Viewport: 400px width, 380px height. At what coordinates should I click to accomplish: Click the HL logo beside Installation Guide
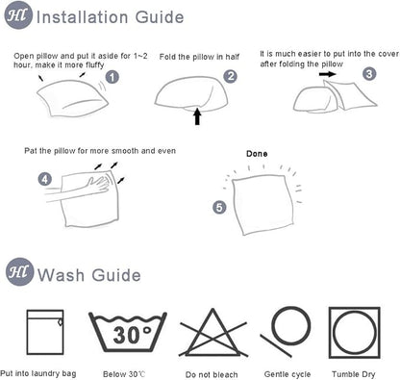pos(18,15)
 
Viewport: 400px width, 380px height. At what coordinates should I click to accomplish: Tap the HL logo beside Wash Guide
pos(20,272)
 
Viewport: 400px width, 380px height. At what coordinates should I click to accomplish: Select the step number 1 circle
pos(112,77)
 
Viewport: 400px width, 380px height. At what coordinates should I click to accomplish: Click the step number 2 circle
pos(231,76)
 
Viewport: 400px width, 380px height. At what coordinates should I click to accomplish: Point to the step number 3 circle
pos(369,74)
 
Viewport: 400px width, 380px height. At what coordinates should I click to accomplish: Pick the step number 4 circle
pos(45,179)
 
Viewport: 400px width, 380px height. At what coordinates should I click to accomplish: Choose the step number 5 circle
pos(219,207)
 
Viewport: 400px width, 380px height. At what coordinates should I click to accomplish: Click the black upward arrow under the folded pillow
pos(197,116)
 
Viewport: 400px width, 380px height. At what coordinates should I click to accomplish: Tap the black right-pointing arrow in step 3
pos(328,74)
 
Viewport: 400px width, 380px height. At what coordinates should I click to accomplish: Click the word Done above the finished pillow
pos(257,154)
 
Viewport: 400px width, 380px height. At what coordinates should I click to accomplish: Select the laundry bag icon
pos(45,332)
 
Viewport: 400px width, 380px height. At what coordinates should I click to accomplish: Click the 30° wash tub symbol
pos(128,332)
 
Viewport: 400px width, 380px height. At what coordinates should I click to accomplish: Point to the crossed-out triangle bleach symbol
pos(212,333)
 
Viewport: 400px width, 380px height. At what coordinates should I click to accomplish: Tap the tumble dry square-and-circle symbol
pos(355,332)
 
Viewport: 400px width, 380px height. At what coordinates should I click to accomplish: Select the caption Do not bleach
pos(212,374)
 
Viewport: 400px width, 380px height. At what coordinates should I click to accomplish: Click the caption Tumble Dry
pos(354,374)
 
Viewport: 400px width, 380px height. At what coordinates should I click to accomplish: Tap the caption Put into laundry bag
pos(38,373)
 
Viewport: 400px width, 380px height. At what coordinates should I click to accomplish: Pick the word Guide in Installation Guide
pos(160,16)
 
